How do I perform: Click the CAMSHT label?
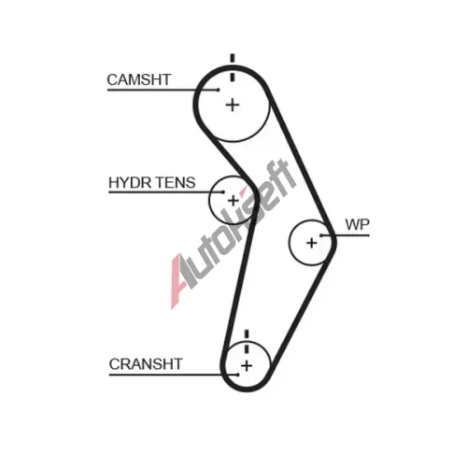point(139,79)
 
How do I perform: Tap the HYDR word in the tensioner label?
point(130,183)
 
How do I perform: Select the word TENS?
point(176,183)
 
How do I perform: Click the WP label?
point(357,224)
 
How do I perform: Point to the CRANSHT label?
point(146,364)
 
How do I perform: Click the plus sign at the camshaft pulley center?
point(233,105)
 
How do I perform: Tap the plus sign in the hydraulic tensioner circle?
point(233,201)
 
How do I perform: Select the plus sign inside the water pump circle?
point(312,243)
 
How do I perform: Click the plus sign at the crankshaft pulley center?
point(247,365)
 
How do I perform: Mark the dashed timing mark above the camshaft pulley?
point(233,68)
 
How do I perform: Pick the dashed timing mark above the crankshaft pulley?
point(247,342)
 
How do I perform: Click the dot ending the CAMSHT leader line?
point(219,90)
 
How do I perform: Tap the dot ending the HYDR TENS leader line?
point(222,192)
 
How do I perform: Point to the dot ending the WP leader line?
point(321,235)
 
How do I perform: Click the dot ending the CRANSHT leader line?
point(238,375)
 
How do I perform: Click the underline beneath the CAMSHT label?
point(163,90)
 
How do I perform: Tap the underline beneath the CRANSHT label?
point(174,375)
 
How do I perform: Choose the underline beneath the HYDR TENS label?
point(165,192)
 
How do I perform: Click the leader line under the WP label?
point(346,235)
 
